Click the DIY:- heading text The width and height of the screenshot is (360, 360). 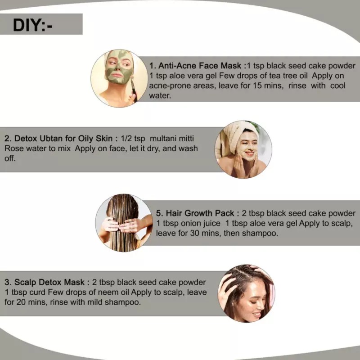(32, 25)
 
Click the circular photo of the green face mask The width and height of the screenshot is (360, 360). (119, 78)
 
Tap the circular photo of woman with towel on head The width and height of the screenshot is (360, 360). (243, 149)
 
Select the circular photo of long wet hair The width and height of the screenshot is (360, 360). (124, 223)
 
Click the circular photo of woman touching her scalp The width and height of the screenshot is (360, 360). (246, 293)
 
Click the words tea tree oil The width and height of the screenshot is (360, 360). (288, 76)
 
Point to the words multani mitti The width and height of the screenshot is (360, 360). (172, 139)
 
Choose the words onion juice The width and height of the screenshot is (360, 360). (200, 223)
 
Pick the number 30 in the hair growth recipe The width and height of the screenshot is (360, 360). (195, 233)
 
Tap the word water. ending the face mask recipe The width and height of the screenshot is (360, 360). (160, 95)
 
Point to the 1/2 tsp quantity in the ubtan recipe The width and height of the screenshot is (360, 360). (133, 139)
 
